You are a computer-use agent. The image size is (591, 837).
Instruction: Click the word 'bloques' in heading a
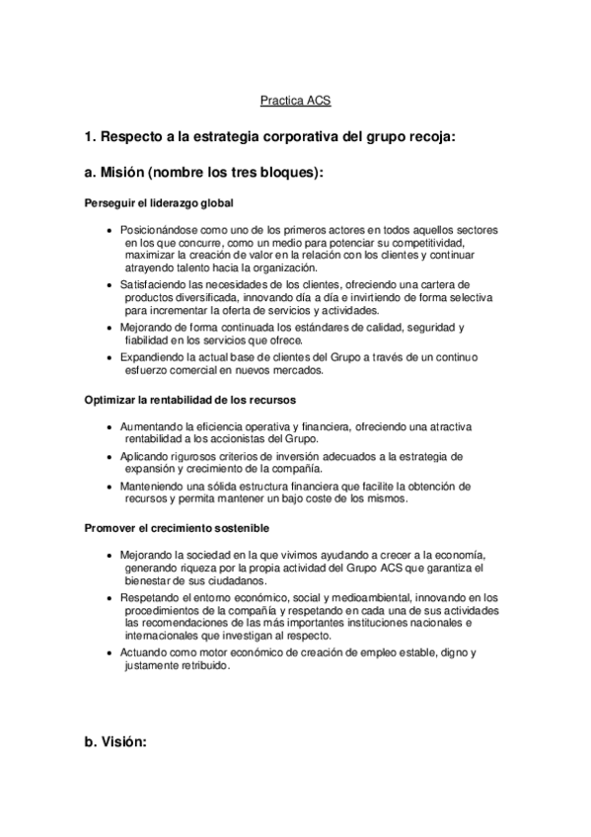click(285, 172)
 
